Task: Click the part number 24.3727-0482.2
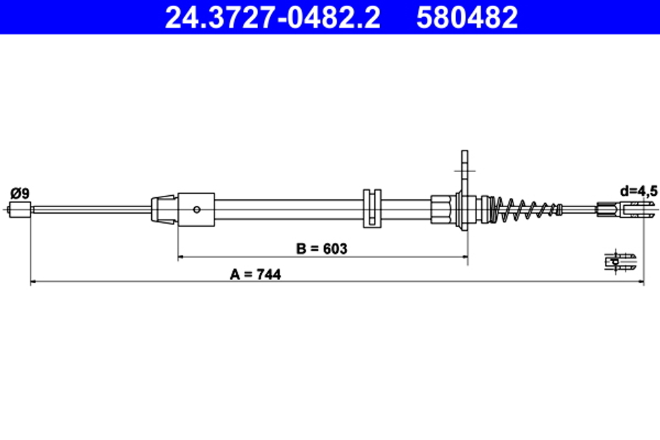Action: click(x=272, y=18)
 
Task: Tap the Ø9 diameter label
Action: click(x=20, y=193)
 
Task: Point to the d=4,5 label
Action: click(x=638, y=191)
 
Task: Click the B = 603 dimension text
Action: click(x=322, y=249)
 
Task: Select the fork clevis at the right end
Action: click(x=624, y=210)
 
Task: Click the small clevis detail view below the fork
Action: click(x=620, y=261)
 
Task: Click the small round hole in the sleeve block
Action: click(x=197, y=210)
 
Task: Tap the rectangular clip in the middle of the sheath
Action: click(x=372, y=209)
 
